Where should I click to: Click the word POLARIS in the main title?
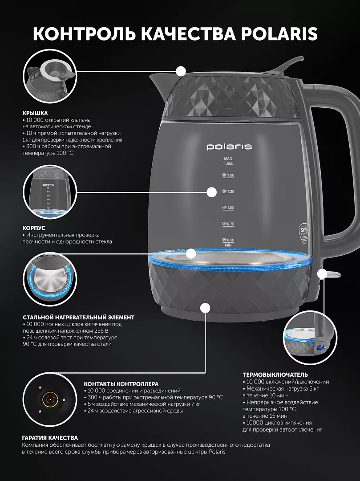[279, 34]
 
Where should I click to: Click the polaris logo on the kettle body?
[229, 147]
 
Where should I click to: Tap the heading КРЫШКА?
[35, 113]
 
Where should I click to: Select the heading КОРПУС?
[34, 228]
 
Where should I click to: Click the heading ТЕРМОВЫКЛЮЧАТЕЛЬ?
[275, 375]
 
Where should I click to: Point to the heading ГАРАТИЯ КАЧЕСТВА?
[50, 438]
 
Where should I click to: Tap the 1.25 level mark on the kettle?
[228, 192]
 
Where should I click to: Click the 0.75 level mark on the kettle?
[228, 224]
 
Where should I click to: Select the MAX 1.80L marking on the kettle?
[228, 161]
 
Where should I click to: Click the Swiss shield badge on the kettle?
[303, 233]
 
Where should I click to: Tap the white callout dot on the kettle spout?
[181, 71]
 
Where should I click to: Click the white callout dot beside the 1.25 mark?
[212, 192]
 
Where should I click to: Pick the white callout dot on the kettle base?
[205, 308]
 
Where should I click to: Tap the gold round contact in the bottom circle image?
[49, 399]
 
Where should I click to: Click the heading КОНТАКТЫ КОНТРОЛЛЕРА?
[121, 384]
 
